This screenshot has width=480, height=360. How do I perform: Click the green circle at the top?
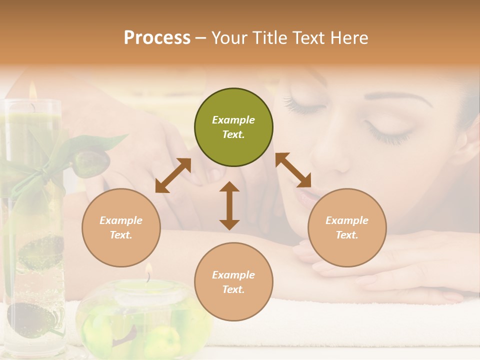point(233,127)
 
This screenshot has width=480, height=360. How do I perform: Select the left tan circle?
point(121,227)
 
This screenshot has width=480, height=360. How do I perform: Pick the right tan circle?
point(347,227)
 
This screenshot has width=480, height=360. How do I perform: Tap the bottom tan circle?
point(233,282)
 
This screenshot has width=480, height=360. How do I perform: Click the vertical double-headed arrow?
point(229,205)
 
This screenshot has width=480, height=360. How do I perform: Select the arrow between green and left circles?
point(173,175)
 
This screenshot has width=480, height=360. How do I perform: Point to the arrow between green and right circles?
point(293,170)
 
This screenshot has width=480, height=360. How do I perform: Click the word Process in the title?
point(157,37)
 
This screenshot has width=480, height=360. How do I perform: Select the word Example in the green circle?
point(233,120)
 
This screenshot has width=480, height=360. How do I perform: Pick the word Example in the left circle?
point(121,220)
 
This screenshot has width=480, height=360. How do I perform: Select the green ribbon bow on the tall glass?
point(37,170)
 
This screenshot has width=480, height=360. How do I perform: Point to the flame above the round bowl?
point(148,270)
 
